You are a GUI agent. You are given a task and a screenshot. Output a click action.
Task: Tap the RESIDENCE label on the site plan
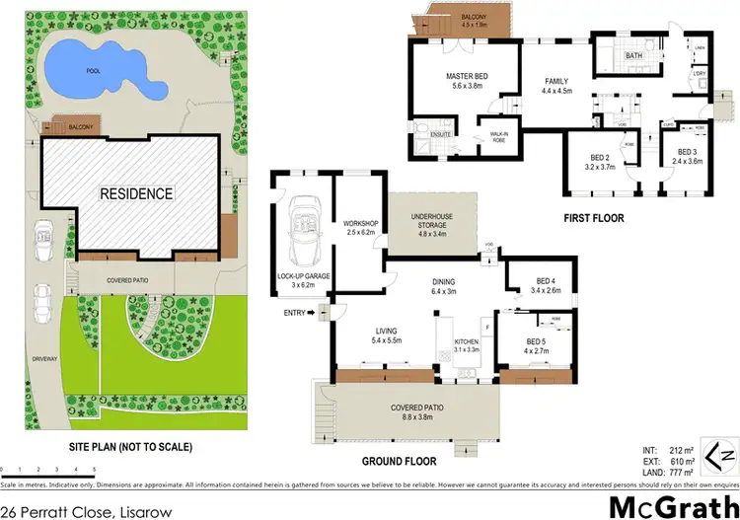[x=135, y=193]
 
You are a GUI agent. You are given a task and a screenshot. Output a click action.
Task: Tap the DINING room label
[x=445, y=284]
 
